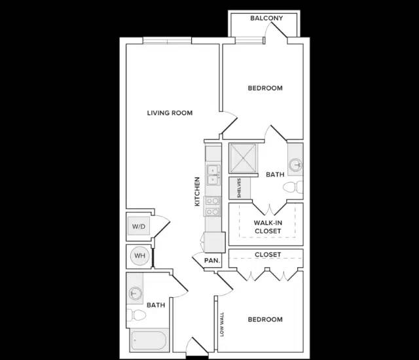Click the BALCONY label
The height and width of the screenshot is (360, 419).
pyautogui.click(x=266, y=18)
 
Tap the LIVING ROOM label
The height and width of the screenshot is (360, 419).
pyautogui.click(x=170, y=113)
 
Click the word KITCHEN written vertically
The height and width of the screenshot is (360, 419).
pyautogui.click(x=197, y=192)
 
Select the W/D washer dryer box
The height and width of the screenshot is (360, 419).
pyautogui.click(x=139, y=226)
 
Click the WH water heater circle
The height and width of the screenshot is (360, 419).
pyautogui.click(x=139, y=255)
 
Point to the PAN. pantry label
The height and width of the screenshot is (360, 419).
pyautogui.click(x=212, y=261)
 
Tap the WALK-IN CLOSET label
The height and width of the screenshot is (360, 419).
pyautogui.click(x=268, y=226)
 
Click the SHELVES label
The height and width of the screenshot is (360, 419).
pyautogui.click(x=239, y=188)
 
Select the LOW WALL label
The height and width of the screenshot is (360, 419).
pyautogui.click(x=222, y=324)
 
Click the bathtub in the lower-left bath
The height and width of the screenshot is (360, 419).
pyautogui.click(x=149, y=340)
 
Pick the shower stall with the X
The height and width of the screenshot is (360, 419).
pyautogui.click(x=243, y=158)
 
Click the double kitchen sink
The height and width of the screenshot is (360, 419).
pyautogui.click(x=213, y=175)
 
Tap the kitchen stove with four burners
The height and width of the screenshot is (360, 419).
pyautogui.click(x=212, y=206)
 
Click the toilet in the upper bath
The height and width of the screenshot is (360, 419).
pyautogui.click(x=293, y=187)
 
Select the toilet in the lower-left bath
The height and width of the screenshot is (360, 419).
pyautogui.click(x=136, y=315)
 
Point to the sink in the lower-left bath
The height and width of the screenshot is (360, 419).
pyautogui.click(x=136, y=293)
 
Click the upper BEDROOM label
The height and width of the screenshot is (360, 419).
pyautogui.click(x=265, y=88)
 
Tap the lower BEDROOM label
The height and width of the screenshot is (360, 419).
pyautogui.click(x=265, y=319)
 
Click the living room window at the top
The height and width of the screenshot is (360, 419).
pyautogui.click(x=168, y=41)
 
